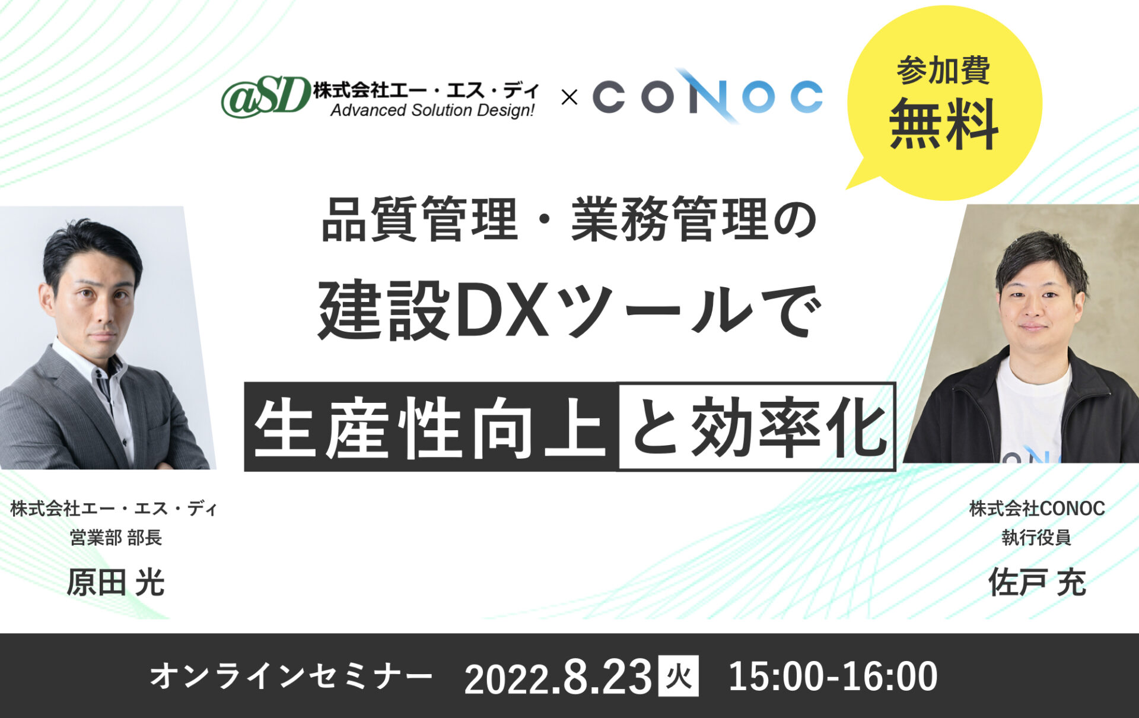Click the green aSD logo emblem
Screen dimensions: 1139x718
point(266,97)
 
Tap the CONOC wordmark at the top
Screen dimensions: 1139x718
point(708,96)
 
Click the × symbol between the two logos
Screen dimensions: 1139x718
point(569,97)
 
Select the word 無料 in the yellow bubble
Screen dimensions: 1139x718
point(943,124)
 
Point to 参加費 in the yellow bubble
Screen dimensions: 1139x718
point(943,71)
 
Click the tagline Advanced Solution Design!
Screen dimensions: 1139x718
point(432,110)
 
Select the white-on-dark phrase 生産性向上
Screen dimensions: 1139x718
point(430,428)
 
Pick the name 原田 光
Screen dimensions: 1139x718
point(116,582)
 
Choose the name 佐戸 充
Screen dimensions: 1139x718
point(1037,582)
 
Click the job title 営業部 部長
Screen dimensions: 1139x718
point(116,538)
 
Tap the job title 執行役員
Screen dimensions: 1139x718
point(1036,538)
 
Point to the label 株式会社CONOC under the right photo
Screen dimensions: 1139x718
point(1037,509)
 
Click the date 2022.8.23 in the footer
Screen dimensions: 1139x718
point(558,677)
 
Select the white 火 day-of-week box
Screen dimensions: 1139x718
point(679,676)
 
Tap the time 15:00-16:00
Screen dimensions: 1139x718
point(833,676)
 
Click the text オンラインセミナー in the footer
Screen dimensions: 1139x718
point(291,676)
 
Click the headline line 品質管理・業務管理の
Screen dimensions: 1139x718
point(569,219)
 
